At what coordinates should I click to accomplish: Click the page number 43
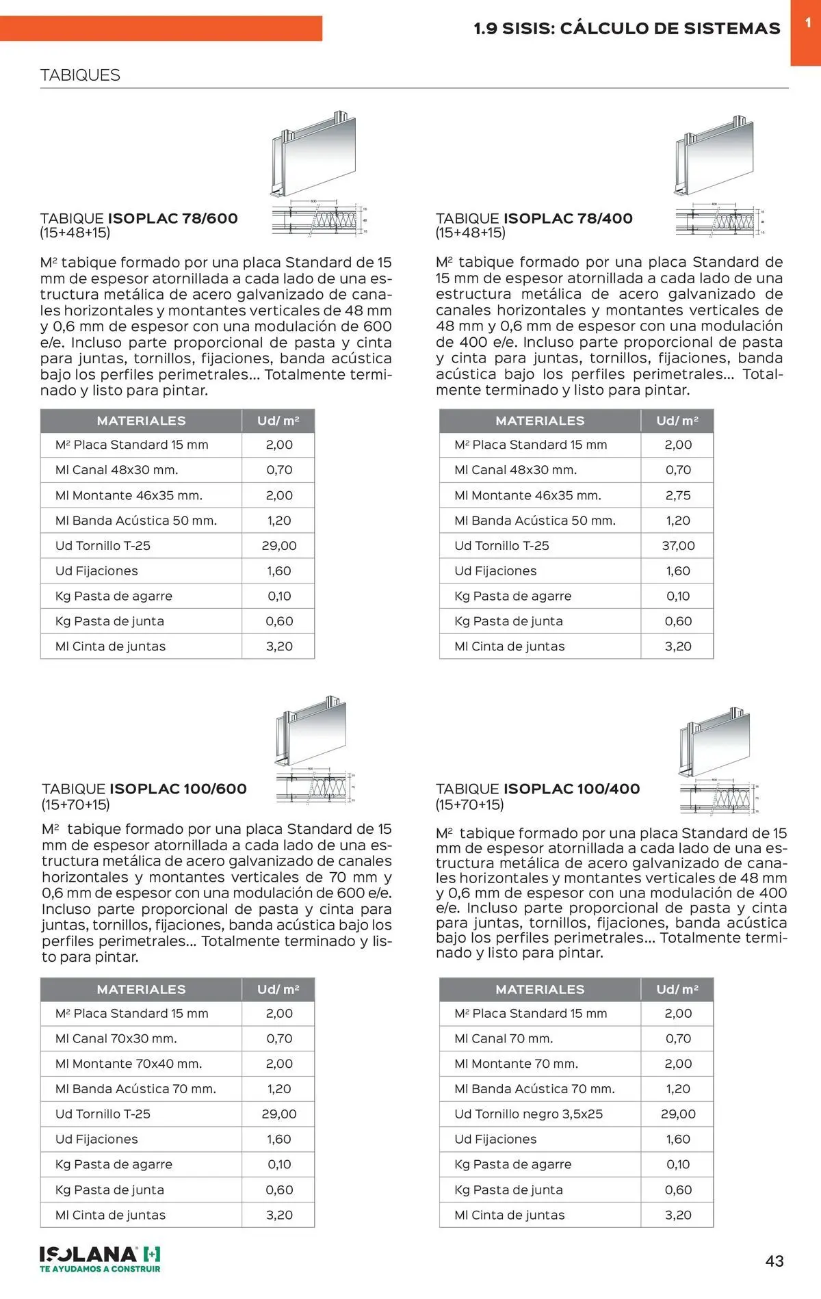click(x=774, y=1261)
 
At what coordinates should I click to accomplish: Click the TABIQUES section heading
click(x=80, y=75)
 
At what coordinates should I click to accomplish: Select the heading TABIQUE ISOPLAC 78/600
click(x=139, y=218)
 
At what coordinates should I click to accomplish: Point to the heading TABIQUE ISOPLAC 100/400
click(x=538, y=789)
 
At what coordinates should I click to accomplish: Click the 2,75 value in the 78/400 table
click(x=678, y=495)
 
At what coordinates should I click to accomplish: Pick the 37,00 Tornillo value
click(x=678, y=546)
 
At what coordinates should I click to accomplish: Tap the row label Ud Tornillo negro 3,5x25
click(x=528, y=1114)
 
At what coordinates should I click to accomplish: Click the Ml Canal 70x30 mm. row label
click(x=116, y=1038)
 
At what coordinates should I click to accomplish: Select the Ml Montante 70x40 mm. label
click(x=129, y=1064)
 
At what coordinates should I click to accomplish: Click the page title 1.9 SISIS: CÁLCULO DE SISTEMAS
click(x=627, y=28)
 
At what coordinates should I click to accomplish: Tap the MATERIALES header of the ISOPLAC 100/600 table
click(x=141, y=989)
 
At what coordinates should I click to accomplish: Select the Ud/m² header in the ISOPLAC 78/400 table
click(x=677, y=421)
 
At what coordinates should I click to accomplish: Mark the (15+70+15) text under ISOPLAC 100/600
click(x=75, y=804)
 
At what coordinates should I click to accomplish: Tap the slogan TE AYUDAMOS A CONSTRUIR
click(x=100, y=1269)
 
